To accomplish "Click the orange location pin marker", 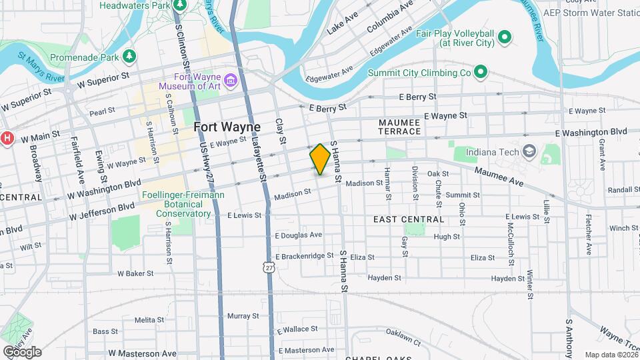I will tap(320, 159).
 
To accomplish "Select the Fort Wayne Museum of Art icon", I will tap(231, 81).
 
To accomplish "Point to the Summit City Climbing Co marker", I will tap(480, 72).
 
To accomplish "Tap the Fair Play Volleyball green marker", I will tap(505, 37).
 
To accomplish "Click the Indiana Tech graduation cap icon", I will tap(529, 151).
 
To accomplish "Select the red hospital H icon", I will tap(7, 138).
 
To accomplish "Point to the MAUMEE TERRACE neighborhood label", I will tap(399, 127).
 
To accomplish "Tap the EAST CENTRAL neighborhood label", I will tap(408, 219).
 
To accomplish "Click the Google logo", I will tap(21, 351).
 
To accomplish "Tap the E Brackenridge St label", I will tap(304, 256).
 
